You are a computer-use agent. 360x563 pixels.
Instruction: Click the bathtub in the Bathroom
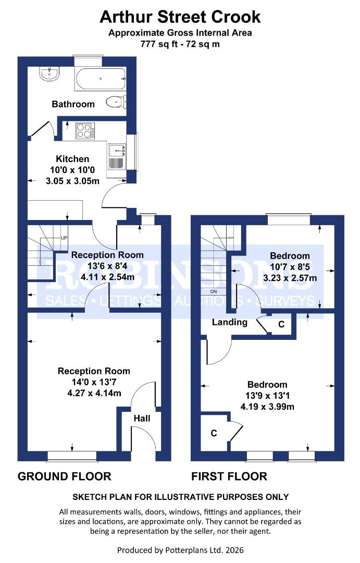click(x=101, y=79)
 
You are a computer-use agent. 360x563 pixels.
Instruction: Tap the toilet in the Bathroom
click(x=116, y=102)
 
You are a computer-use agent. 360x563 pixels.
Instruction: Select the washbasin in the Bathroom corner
click(x=49, y=74)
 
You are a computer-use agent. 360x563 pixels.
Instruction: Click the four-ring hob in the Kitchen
click(x=85, y=131)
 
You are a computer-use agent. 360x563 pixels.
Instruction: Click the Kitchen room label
click(x=72, y=158)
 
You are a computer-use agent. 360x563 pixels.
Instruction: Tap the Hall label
click(x=142, y=418)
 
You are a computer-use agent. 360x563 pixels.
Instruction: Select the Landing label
click(x=230, y=322)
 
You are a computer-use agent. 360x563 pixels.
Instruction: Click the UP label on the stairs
click(x=64, y=238)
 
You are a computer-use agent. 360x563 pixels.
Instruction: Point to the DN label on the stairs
click(x=213, y=291)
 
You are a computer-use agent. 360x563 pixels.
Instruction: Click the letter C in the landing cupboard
click(x=281, y=325)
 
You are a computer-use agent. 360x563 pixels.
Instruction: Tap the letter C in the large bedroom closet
click(x=214, y=433)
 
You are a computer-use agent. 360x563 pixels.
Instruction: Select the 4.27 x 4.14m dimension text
click(x=94, y=393)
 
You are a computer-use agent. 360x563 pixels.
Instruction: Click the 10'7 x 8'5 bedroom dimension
click(x=290, y=267)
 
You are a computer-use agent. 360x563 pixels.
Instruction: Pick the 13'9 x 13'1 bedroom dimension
click(x=267, y=396)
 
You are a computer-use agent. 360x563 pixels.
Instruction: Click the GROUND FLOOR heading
click(x=64, y=476)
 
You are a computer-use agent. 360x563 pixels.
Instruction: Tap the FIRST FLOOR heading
click(x=229, y=476)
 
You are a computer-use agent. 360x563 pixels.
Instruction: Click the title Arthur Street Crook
click(x=180, y=17)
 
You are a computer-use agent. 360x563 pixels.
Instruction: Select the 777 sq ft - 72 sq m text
click(x=180, y=44)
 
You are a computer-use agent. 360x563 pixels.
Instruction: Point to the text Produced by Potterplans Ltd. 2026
click(x=180, y=550)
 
